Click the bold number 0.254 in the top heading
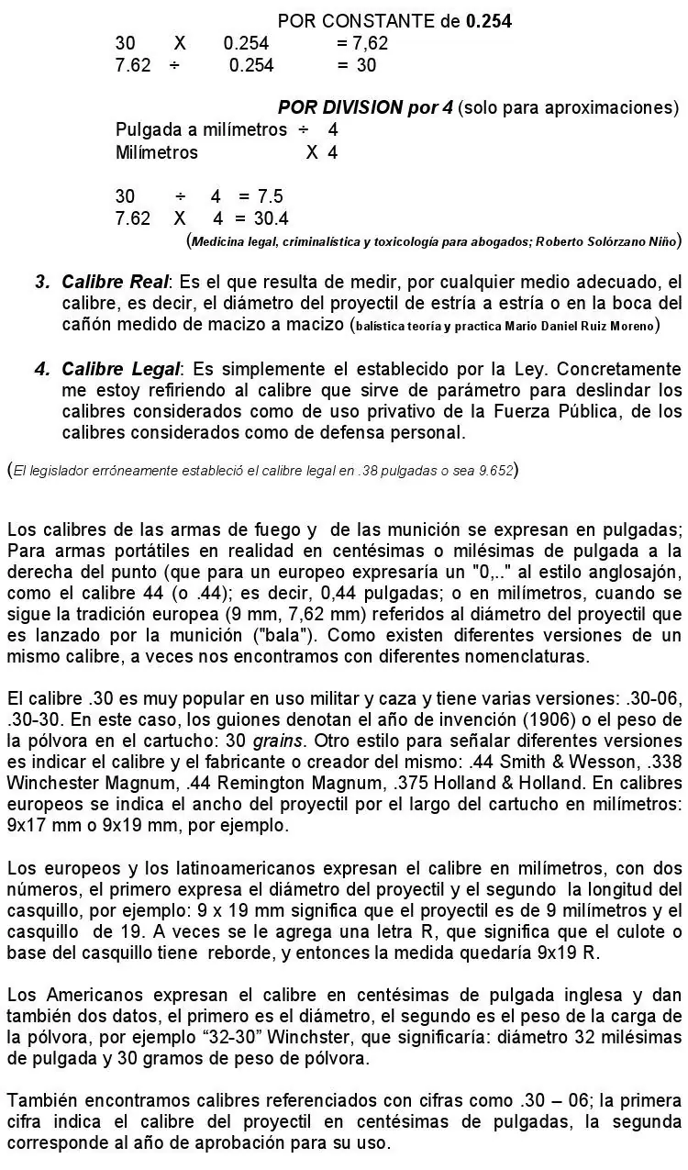pos(488,20)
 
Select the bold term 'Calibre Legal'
pos(121,369)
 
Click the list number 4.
pos(41,369)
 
